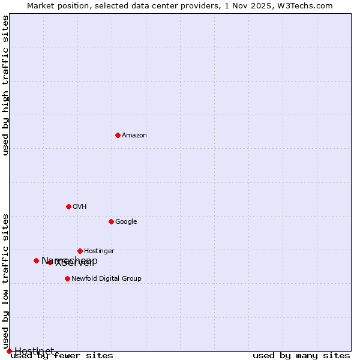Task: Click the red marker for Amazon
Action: coord(118,135)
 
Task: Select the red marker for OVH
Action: coord(68,206)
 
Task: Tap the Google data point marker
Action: coord(111,221)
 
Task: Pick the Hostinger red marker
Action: coord(80,251)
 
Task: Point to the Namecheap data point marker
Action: coord(36,260)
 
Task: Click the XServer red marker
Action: coord(50,262)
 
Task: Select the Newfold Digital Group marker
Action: coord(67,278)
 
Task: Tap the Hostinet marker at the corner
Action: coord(9,351)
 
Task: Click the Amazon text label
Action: coord(134,136)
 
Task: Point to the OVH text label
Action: coord(80,207)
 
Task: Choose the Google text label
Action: coord(126,222)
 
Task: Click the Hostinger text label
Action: coord(99,251)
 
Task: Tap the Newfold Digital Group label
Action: coord(106,279)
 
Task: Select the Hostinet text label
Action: coord(34,351)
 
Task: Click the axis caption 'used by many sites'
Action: coord(301,356)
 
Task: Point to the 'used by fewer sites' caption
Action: coord(62,356)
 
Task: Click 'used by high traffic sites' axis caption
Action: coord(6,85)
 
